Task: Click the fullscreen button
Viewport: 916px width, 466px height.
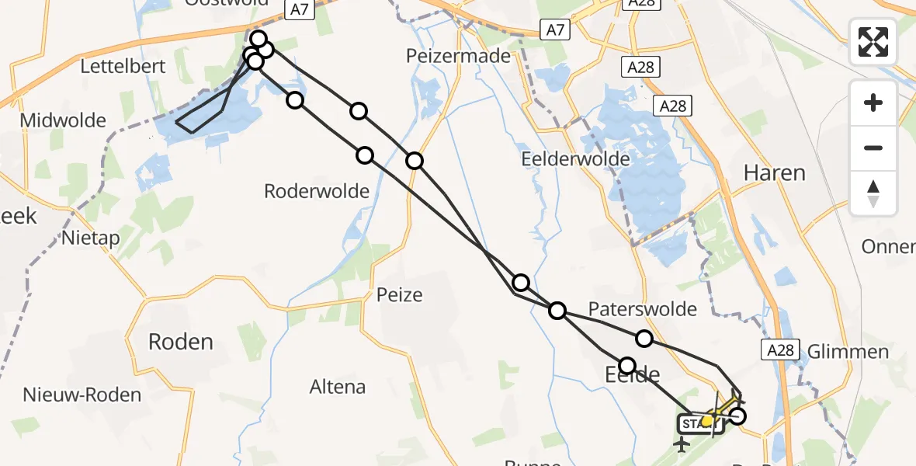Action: tap(873, 42)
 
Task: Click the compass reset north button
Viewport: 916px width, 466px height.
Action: tap(873, 193)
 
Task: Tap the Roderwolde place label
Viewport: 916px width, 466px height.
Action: tap(317, 191)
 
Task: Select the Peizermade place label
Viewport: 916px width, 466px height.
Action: tap(459, 56)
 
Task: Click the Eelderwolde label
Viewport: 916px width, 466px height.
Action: tap(574, 158)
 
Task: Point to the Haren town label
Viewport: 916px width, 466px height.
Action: tap(774, 172)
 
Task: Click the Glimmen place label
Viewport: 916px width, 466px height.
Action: tap(848, 352)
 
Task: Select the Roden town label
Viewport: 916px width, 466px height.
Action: tap(180, 342)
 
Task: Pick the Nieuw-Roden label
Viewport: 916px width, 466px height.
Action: tap(82, 395)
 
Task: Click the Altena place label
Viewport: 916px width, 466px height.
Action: tap(337, 387)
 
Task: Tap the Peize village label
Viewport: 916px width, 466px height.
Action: tap(399, 295)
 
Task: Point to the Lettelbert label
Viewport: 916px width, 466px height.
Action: tap(123, 66)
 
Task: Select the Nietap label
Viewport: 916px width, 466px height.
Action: tap(91, 238)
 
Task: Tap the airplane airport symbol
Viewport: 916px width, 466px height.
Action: tap(682, 445)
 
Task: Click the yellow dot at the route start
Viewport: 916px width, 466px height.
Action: tap(706, 420)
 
